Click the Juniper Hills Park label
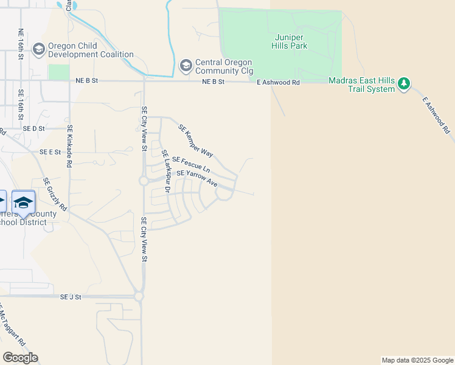coord(289,41)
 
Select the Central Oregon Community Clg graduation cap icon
coord(186,65)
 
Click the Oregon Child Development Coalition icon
coord(39,49)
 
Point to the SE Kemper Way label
coord(195,141)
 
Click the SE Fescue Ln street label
coord(191,164)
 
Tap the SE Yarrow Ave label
coord(196,178)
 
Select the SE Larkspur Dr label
coord(164,172)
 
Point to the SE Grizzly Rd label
coord(55,194)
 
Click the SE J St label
coord(71,297)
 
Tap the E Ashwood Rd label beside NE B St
coord(278,82)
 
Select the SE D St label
coord(34,129)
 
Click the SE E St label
coord(50,152)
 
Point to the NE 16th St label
coord(21,44)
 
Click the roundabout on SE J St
coord(139,296)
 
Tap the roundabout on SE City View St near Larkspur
coord(144,181)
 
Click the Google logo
coord(20,358)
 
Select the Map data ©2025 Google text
coord(417,360)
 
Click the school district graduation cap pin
coord(23,202)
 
